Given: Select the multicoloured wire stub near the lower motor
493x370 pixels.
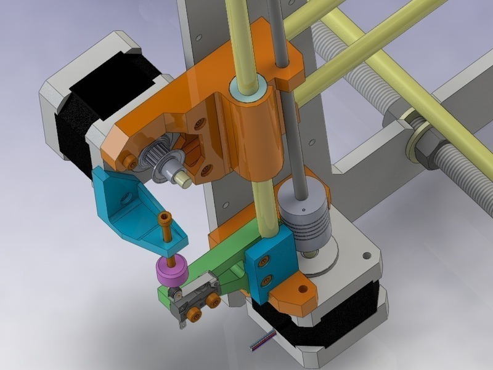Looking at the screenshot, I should [x=261, y=340].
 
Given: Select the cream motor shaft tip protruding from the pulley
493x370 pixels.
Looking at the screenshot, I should [x=182, y=178].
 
